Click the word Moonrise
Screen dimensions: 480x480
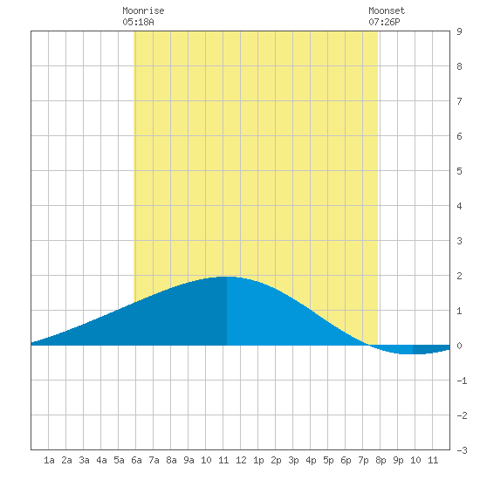(x=143, y=10)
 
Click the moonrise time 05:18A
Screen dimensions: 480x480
(x=138, y=22)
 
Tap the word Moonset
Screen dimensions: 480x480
(x=387, y=10)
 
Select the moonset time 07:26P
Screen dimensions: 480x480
(x=384, y=22)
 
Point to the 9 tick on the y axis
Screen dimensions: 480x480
(x=459, y=31)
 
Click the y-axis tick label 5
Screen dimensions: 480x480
(x=459, y=171)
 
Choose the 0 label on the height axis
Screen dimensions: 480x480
(x=459, y=346)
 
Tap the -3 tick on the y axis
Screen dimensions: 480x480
(x=462, y=450)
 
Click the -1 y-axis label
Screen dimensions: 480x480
(x=462, y=381)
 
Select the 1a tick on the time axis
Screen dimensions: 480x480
(x=49, y=460)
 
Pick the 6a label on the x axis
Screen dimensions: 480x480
(x=136, y=460)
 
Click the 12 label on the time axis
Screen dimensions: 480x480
(x=241, y=460)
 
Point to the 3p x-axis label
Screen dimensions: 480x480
(x=293, y=460)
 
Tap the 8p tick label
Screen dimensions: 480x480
(x=381, y=460)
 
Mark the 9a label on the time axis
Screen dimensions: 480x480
(x=189, y=460)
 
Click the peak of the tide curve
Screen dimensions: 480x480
(x=227, y=277)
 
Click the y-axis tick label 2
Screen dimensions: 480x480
(x=459, y=276)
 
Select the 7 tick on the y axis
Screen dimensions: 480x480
(x=459, y=101)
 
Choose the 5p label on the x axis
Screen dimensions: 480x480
(x=328, y=460)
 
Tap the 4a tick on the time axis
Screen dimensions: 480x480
(x=101, y=460)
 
